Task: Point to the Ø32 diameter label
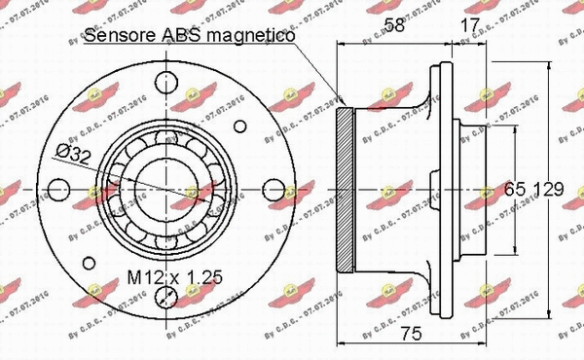[x=74, y=153]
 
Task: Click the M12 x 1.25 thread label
[x=176, y=277]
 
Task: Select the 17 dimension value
[x=467, y=26]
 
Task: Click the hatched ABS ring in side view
[x=343, y=190]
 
